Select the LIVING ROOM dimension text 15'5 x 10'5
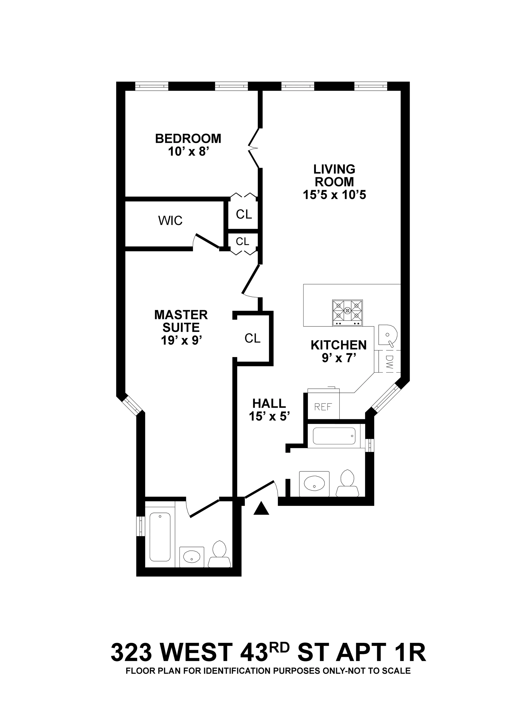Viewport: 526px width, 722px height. click(x=334, y=195)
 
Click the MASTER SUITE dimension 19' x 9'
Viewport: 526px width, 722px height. click(x=181, y=340)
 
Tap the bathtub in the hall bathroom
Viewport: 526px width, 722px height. click(x=334, y=436)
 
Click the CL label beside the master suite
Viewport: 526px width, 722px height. click(x=252, y=338)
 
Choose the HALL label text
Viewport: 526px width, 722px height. click(x=269, y=404)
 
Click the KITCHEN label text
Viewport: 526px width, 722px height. click(x=339, y=345)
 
